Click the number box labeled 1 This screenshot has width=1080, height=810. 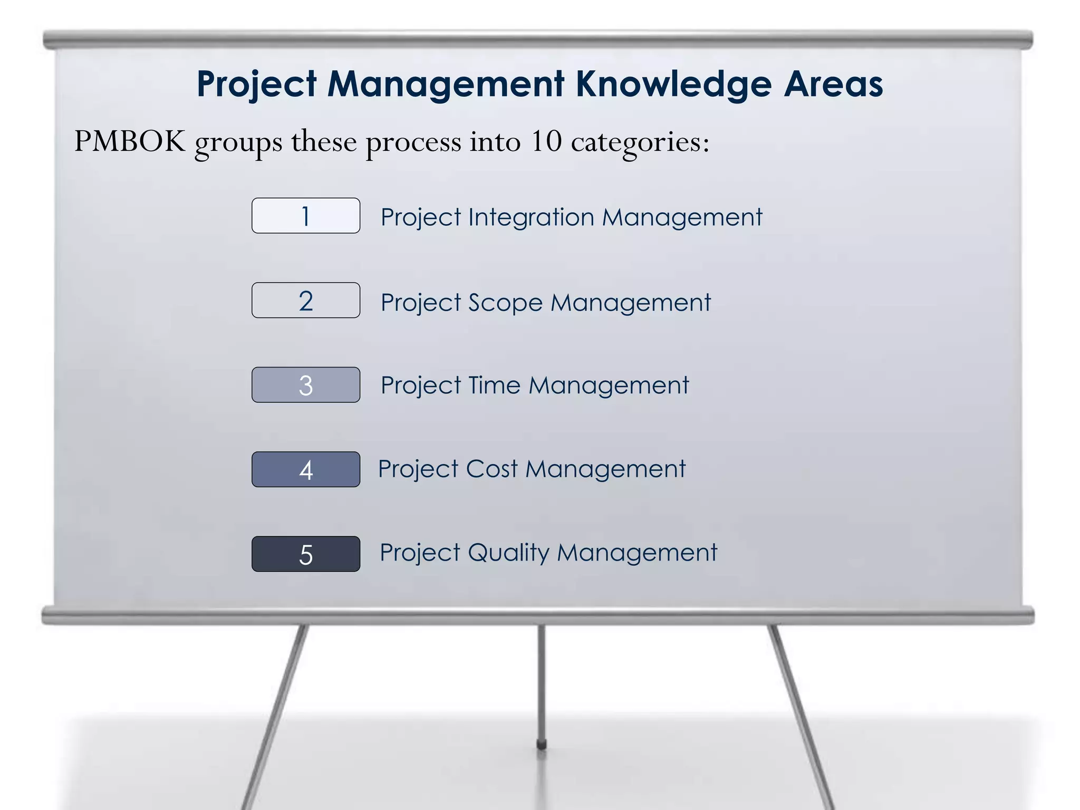point(306,216)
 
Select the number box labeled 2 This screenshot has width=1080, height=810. point(306,301)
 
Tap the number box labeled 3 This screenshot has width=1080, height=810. point(306,385)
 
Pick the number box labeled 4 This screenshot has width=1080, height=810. point(306,469)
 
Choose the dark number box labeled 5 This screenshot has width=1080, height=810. point(306,554)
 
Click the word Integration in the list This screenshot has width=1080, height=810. point(531,217)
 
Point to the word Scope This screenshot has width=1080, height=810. point(505,303)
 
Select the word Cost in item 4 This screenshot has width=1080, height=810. point(491,469)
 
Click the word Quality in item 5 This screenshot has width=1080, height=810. point(508,553)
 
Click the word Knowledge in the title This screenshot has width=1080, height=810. point(674,84)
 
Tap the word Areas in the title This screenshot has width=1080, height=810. point(833,84)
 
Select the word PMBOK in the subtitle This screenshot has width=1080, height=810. point(130,141)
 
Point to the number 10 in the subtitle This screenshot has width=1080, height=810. point(546,141)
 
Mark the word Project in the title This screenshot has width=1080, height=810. point(257,84)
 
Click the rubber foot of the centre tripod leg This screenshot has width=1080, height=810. point(541,745)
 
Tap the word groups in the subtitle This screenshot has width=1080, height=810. point(238,142)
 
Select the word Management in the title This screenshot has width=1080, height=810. point(446,84)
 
